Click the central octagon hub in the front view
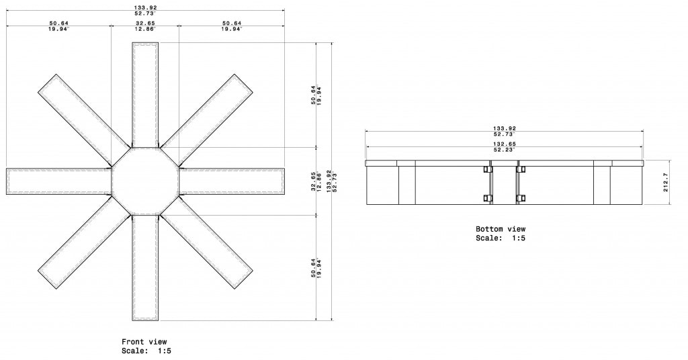145,181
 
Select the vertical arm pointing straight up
145,94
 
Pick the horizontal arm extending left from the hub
59,181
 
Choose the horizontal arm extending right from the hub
232,181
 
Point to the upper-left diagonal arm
84,120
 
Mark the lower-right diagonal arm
207,242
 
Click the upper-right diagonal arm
207,120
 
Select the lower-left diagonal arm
84,242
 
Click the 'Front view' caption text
144,342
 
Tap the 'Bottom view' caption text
501,229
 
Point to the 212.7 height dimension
665,182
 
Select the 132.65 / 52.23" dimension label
504,147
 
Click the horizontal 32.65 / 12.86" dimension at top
145,26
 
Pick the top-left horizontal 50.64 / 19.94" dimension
59,26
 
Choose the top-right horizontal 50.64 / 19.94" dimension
231,26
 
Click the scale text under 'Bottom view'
501,238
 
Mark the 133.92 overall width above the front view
145,9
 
